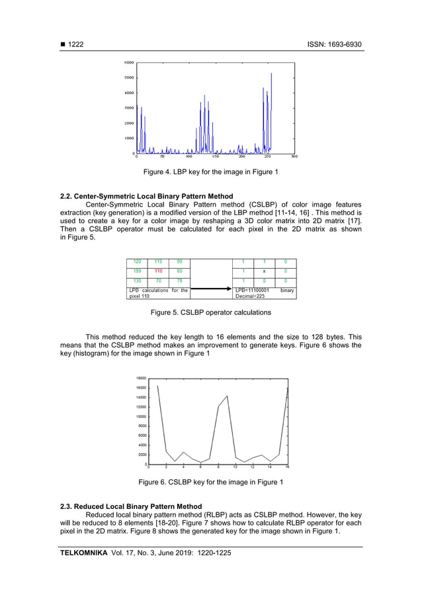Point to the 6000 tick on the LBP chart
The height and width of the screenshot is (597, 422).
[x=130, y=63]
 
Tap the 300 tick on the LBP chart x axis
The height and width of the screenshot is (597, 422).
[x=294, y=158]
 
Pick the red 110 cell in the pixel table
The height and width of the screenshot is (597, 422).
[x=159, y=271]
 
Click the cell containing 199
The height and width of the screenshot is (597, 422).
[x=138, y=271]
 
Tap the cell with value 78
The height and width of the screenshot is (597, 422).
[x=179, y=281]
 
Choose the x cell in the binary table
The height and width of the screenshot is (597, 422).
[x=265, y=271]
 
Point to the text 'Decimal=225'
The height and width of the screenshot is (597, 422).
[x=251, y=296]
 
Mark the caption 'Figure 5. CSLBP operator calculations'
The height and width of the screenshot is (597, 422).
[x=211, y=312]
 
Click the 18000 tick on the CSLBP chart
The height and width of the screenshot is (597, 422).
[x=142, y=378]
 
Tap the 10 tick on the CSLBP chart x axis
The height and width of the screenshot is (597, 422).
[x=235, y=467]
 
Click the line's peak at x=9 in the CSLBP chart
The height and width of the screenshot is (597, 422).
[x=228, y=396]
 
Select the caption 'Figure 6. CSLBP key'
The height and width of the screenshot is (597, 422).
[x=211, y=482]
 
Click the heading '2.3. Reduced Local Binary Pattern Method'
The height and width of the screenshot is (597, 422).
[x=131, y=506]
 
